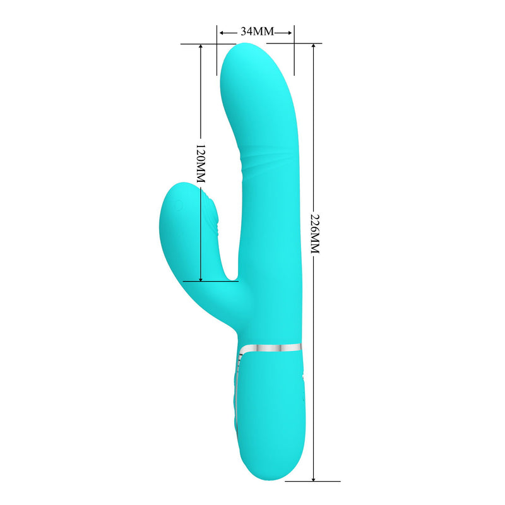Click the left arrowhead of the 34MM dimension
(222, 31)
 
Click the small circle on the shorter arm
(178, 205)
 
